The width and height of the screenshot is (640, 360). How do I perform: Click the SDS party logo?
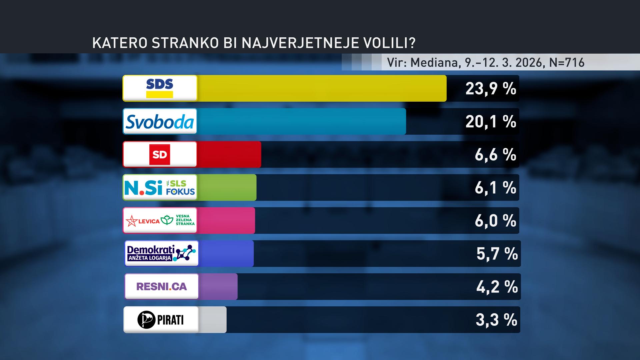click(x=160, y=88)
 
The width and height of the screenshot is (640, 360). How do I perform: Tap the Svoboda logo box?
click(x=160, y=121)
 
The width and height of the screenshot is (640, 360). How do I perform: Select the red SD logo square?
click(x=160, y=154)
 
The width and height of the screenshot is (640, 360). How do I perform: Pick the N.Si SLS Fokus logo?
click(x=160, y=187)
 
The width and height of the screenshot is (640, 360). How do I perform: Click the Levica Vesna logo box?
click(x=160, y=220)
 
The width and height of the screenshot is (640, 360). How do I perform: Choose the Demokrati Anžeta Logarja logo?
click(x=161, y=253)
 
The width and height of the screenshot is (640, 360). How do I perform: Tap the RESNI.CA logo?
click(x=162, y=286)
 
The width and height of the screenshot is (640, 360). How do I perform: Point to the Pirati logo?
click(x=161, y=320)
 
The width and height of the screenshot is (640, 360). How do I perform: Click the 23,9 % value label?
click(x=491, y=89)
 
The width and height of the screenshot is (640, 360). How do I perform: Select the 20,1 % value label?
click(x=491, y=122)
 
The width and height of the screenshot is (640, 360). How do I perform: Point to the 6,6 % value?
click(x=495, y=155)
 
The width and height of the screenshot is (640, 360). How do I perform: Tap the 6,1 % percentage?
click(x=495, y=188)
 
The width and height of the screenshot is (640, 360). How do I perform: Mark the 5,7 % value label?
click(x=497, y=254)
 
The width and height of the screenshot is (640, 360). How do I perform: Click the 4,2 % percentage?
click(x=497, y=287)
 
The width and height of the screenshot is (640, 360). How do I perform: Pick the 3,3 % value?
click(x=496, y=320)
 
